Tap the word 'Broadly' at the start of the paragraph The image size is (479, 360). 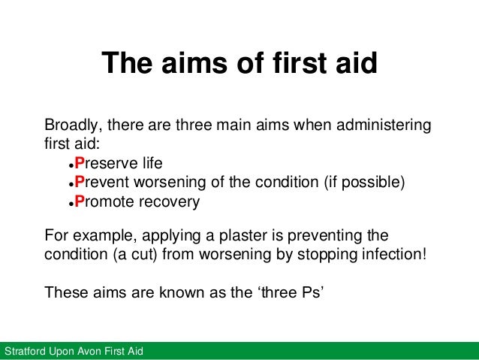70,124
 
